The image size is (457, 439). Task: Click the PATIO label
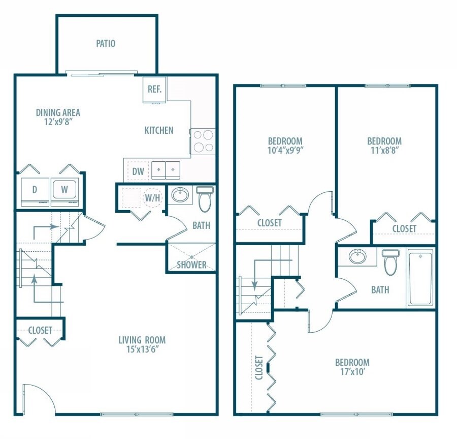[x=106, y=44]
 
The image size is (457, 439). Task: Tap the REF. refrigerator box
[x=154, y=90]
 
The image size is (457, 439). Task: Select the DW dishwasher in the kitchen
[x=138, y=171]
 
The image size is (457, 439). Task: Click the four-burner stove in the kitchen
[x=203, y=141]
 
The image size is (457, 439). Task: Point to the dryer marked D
[x=35, y=190]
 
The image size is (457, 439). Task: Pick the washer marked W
[x=64, y=190]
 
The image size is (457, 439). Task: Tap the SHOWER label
[x=191, y=265]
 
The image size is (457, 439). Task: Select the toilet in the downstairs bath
[x=205, y=199]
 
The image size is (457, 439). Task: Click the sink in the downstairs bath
[x=179, y=195]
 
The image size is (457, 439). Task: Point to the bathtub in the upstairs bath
[x=420, y=277]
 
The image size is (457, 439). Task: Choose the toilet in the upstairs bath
[x=390, y=261]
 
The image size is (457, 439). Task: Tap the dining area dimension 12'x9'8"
[x=58, y=122]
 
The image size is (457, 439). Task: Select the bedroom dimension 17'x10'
[x=352, y=372]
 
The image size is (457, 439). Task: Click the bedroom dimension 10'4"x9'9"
[x=285, y=150]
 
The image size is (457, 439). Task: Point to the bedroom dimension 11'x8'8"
[x=384, y=150]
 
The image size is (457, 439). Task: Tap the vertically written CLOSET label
[x=259, y=367]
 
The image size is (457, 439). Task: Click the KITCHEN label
[x=159, y=130]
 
